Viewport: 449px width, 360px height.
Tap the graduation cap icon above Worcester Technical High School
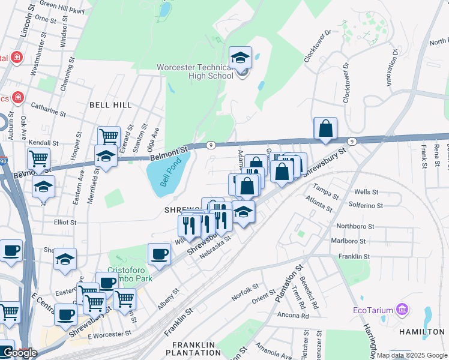coord(241,58)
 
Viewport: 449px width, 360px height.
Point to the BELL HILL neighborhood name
coord(110,105)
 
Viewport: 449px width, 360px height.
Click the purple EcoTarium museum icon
coord(402,310)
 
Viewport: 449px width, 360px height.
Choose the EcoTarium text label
coord(372,311)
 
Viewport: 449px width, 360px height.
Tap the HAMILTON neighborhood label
coord(426,331)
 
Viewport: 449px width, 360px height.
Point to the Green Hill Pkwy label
coord(62,5)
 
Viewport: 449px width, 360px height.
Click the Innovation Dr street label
coord(393,68)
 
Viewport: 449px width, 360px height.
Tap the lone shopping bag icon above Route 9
coord(325,128)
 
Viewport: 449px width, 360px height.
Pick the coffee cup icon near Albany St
coord(158,254)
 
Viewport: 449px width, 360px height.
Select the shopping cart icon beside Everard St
coord(109,137)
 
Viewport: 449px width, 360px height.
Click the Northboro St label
coord(355,227)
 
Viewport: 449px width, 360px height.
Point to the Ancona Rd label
coord(293,314)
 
